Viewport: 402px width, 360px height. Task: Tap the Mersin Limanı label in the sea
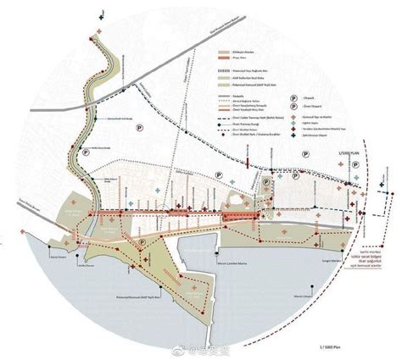pyautogui.click(x=295, y=295)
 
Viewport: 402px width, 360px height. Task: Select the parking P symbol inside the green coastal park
pyautogui.click(x=146, y=242)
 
